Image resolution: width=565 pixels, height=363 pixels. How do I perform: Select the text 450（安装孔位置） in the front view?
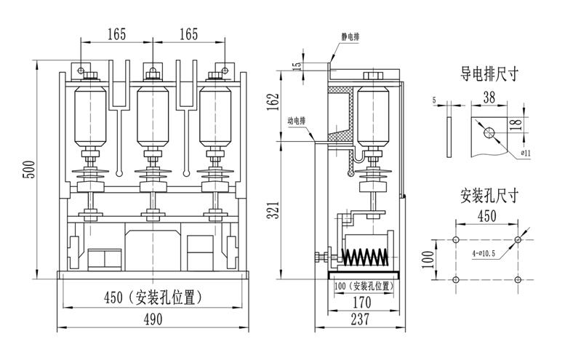[x=153, y=298]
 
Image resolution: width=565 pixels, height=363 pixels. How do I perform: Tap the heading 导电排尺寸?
[x=489, y=75]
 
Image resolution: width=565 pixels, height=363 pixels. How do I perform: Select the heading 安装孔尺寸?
[x=489, y=195]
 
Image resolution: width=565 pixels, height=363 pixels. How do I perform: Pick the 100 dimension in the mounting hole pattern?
[x=428, y=258]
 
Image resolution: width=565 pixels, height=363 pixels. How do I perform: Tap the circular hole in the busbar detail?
[x=488, y=132]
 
